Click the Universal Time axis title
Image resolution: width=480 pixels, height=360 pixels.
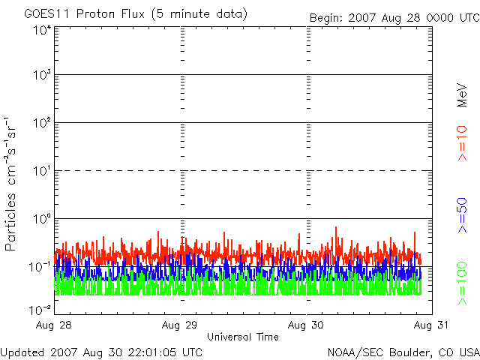(242, 337)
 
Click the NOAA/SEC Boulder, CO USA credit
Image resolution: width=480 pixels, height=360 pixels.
(403, 352)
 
